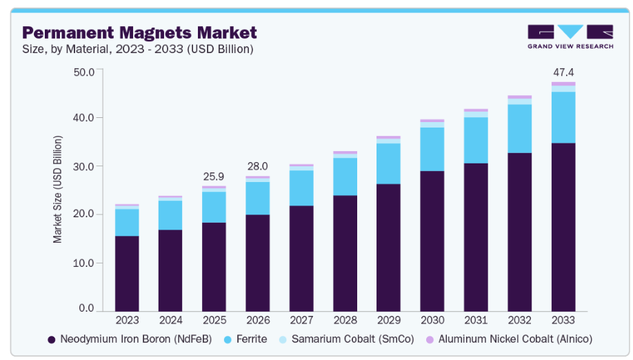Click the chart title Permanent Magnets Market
139,32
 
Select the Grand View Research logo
570,37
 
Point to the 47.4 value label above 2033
563,72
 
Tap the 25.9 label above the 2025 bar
214,177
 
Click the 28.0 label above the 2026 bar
258,166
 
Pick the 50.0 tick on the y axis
84,71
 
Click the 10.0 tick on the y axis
84,263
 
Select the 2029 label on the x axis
389,320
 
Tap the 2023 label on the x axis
127,320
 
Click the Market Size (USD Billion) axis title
58,189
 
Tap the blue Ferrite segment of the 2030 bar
432,149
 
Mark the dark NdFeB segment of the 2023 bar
127,273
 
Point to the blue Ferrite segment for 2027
301,188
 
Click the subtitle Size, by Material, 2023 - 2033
138,49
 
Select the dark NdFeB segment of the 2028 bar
345,252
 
